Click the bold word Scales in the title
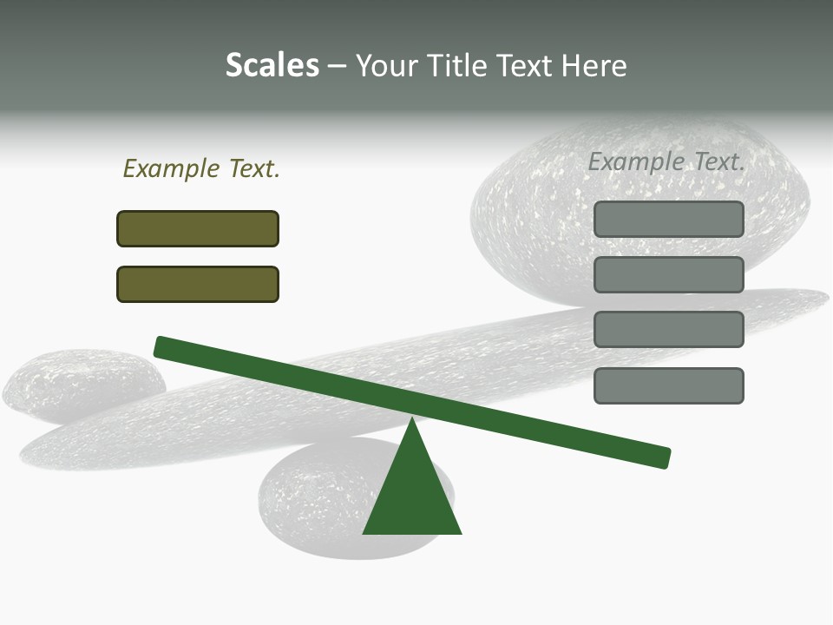click(272, 65)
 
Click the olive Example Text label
click(201, 169)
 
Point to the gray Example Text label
click(666, 161)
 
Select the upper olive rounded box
click(198, 228)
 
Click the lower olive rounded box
click(198, 284)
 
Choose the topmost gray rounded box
click(669, 219)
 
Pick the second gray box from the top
click(669, 274)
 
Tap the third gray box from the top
click(669, 330)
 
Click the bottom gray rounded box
click(669, 385)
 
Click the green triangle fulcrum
click(412, 495)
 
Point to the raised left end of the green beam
click(161, 346)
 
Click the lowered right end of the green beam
click(663, 457)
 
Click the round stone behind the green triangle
click(321, 503)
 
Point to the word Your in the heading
click(386, 65)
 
